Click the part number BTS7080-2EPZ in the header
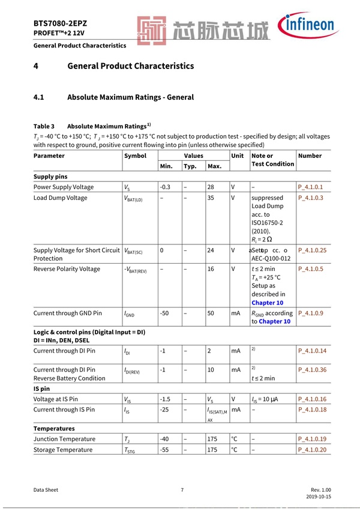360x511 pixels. point(61,23)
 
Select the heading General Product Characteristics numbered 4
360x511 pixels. point(130,66)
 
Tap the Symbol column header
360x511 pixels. point(135,156)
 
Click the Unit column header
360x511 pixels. point(238,156)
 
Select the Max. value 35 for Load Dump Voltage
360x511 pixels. point(211,198)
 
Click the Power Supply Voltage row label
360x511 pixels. point(64,187)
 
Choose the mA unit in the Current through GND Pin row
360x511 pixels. point(236,313)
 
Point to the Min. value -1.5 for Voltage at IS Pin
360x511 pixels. point(166,399)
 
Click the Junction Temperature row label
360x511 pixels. point(64,440)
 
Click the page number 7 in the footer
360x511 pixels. point(182,490)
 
